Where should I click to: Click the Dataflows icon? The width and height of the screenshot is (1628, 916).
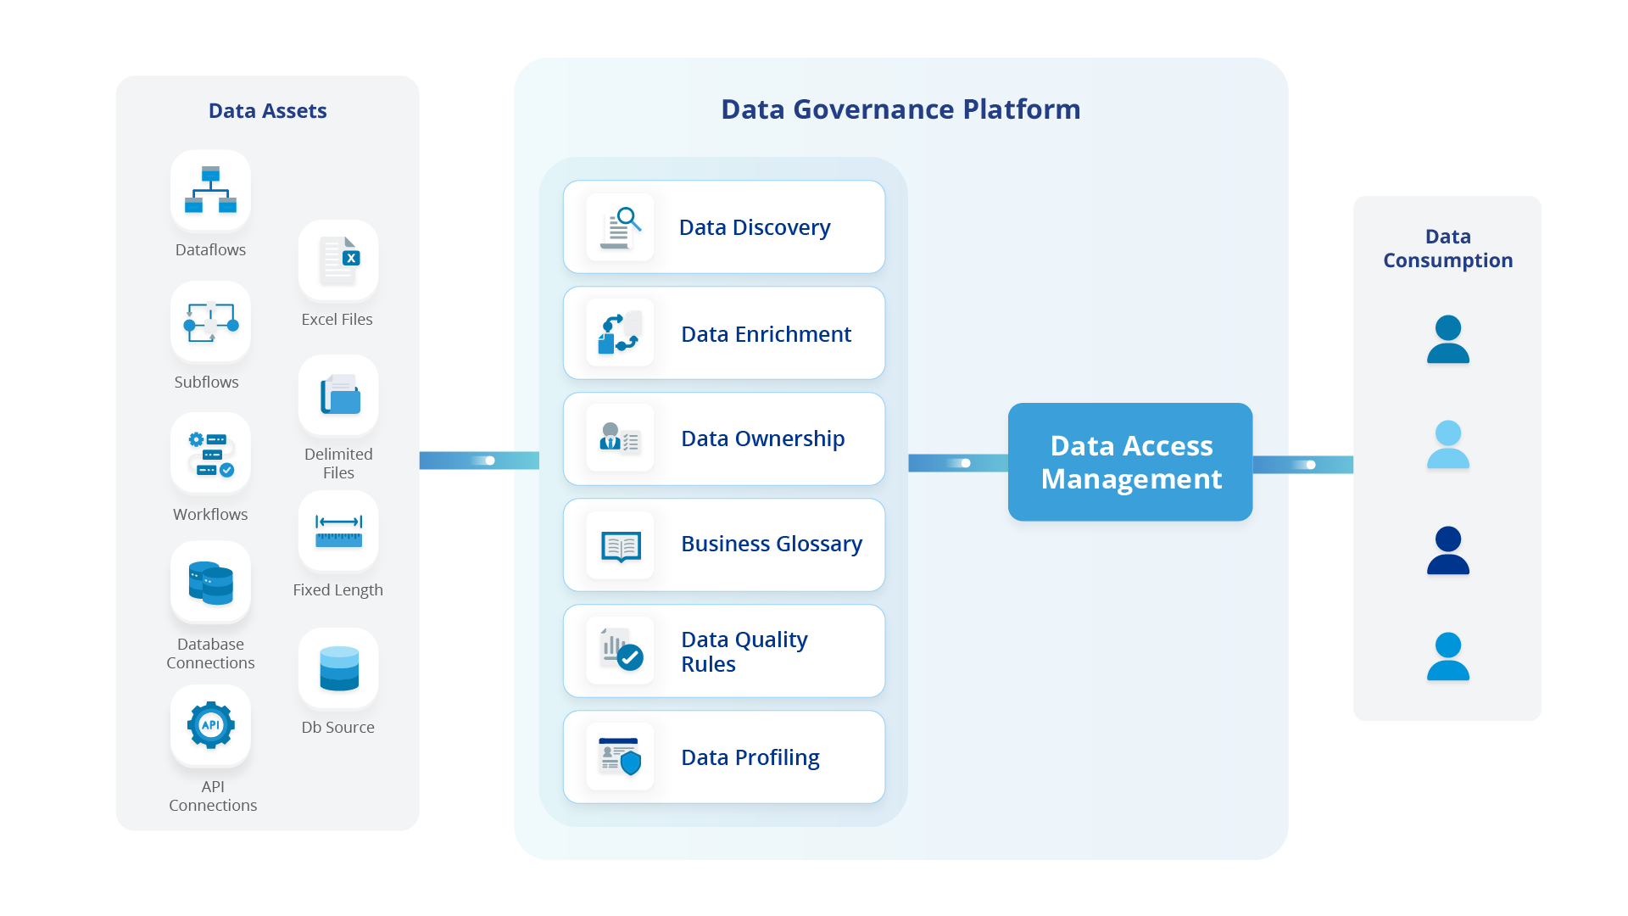[x=210, y=190]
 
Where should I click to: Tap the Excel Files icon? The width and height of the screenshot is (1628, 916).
[x=338, y=260]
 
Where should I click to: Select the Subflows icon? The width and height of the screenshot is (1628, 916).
[x=210, y=322]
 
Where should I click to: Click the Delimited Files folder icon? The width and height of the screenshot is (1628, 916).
[x=338, y=395]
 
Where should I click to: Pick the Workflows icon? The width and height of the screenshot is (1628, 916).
[x=210, y=454]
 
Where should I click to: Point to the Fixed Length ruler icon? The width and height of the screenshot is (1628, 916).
[x=338, y=531]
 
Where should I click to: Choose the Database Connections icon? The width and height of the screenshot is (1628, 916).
[x=210, y=583]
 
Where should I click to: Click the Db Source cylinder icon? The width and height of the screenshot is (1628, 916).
[x=338, y=668]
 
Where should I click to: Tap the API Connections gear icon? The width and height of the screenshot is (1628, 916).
[x=210, y=725]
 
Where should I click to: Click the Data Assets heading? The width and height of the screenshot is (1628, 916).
[x=267, y=111]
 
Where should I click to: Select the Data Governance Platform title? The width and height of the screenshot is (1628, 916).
[x=900, y=109]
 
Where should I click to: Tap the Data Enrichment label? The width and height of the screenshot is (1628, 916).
[x=766, y=334]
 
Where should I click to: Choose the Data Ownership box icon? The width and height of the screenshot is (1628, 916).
[x=621, y=438]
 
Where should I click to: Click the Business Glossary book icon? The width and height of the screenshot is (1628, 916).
[x=621, y=545]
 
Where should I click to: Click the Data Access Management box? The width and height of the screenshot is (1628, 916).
[x=1130, y=462]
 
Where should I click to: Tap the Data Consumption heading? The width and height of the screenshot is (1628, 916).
[x=1447, y=249]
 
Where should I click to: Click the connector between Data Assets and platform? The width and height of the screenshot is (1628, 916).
[x=466, y=461]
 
